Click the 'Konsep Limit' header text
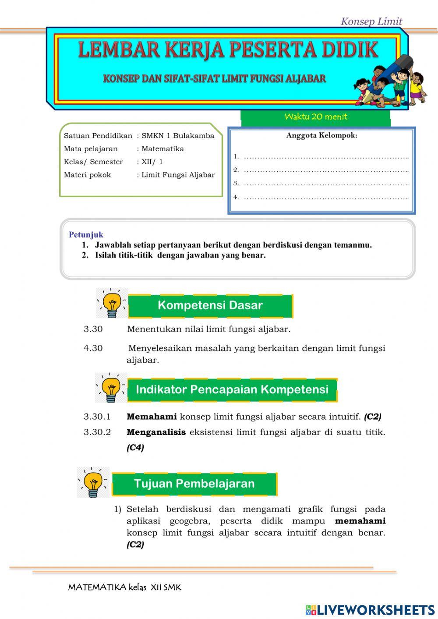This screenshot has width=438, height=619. point(371,21)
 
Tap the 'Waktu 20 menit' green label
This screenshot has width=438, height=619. point(315,117)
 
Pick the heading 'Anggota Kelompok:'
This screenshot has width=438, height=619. point(321,135)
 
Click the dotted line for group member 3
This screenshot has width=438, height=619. point(326,184)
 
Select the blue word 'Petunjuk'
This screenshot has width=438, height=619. point(86,235)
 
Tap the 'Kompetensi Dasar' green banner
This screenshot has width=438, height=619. point(210,305)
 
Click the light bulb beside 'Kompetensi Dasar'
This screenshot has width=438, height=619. point(112,303)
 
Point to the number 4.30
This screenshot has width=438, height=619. point(93,348)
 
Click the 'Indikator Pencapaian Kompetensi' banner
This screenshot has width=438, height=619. point(232,389)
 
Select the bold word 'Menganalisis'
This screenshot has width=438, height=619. point(156,432)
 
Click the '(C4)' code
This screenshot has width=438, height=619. point(135,448)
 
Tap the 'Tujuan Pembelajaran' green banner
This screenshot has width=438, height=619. point(194,484)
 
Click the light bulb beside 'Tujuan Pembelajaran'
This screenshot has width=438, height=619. point(93,483)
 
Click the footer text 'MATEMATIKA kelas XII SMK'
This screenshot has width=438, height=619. point(124,587)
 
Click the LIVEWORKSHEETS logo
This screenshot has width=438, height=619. point(370,610)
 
